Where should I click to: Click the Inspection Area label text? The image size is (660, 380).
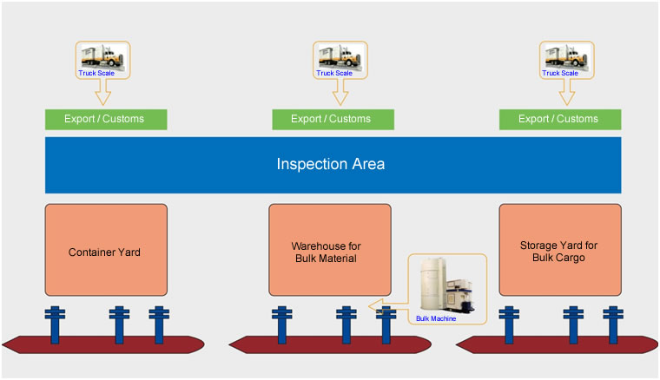(330, 164)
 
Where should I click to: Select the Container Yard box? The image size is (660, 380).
(106, 250)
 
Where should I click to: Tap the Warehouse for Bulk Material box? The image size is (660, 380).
(330, 250)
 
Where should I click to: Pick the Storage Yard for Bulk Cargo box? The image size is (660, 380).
(560, 250)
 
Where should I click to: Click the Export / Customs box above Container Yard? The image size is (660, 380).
(106, 120)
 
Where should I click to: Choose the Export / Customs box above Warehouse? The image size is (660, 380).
(333, 120)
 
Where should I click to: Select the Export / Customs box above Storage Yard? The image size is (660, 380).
(560, 120)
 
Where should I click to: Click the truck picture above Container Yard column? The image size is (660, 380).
(103, 56)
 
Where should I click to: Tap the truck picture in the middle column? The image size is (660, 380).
(340, 56)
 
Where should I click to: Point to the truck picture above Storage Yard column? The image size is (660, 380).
(567, 56)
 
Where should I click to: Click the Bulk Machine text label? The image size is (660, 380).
(436, 318)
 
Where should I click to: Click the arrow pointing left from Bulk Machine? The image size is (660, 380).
(388, 305)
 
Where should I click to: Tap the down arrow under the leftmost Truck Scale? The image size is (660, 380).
(103, 92)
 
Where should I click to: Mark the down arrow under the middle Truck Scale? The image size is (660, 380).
(340, 92)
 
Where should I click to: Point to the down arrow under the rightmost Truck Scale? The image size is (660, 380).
(567, 92)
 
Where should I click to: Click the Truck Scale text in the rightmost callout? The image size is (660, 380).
(560, 73)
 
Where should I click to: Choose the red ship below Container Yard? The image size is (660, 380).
(103, 344)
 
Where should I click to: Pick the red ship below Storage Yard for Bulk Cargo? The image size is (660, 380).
(557, 344)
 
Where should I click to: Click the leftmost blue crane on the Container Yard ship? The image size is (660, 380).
(55, 324)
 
